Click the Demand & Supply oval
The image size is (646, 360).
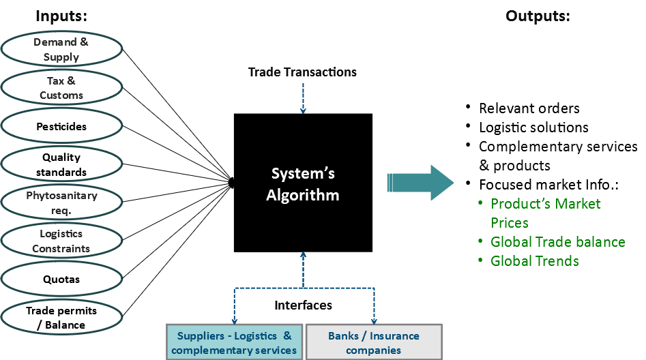(x=61, y=49)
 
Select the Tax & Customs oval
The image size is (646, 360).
(x=61, y=88)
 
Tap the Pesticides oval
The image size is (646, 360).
(x=61, y=126)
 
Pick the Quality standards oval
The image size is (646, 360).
(x=61, y=164)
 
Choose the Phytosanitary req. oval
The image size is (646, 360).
(x=61, y=202)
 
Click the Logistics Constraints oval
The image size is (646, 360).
(x=61, y=241)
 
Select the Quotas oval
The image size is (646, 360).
(x=61, y=279)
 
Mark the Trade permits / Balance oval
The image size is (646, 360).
(x=61, y=317)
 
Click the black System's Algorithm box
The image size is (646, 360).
(x=303, y=183)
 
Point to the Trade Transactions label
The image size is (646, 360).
(x=302, y=72)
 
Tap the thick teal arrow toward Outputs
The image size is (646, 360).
(x=420, y=183)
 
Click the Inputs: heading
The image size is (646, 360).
(x=61, y=16)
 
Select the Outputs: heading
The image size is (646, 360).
(x=538, y=16)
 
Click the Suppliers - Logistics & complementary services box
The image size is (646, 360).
(x=234, y=342)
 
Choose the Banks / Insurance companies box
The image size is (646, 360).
(x=373, y=342)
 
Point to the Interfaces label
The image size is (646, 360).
(x=303, y=305)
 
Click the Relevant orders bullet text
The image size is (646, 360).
(x=529, y=108)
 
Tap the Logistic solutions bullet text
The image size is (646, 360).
(x=533, y=127)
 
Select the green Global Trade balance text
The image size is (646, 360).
(x=557, y=242)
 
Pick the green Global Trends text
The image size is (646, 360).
(x=534, y=261)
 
